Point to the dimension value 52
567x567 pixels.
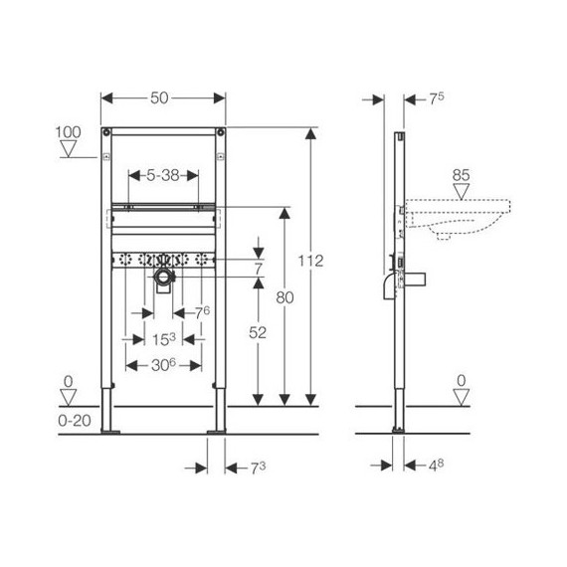click(x=258, y=334)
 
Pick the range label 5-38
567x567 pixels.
click(x=164, y=173)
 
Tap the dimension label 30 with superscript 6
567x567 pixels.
click(x=163, y=365)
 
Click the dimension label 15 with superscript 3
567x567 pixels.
click(x=163, y=339)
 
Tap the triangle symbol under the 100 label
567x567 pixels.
click(x=69, y=151)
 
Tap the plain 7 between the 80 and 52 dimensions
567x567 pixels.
click(x=258, y=270)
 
